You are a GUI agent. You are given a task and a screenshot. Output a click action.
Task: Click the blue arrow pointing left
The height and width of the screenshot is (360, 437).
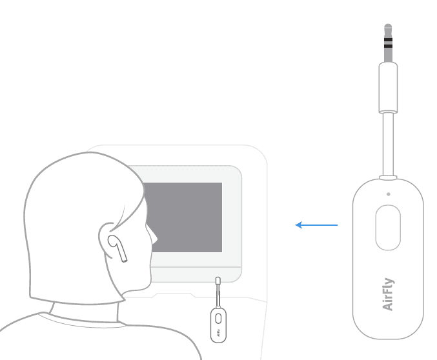click(x=316, y=225)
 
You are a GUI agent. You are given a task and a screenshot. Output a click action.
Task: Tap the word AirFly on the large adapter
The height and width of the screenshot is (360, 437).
click(x=388, y=294)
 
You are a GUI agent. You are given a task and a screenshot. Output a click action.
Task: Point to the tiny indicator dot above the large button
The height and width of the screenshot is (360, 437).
click(x=388, y=194)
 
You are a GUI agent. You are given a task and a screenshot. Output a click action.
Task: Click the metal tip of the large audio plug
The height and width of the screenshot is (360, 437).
click(x=388, y=30)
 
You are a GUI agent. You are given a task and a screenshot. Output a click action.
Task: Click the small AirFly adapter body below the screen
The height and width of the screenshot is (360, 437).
click(x=218, y=322)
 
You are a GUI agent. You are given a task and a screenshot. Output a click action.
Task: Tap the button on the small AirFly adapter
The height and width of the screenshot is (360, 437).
click(x=218, y=317)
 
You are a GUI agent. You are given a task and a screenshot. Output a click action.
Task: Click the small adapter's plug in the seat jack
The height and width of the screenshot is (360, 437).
click(x=218, y=281)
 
